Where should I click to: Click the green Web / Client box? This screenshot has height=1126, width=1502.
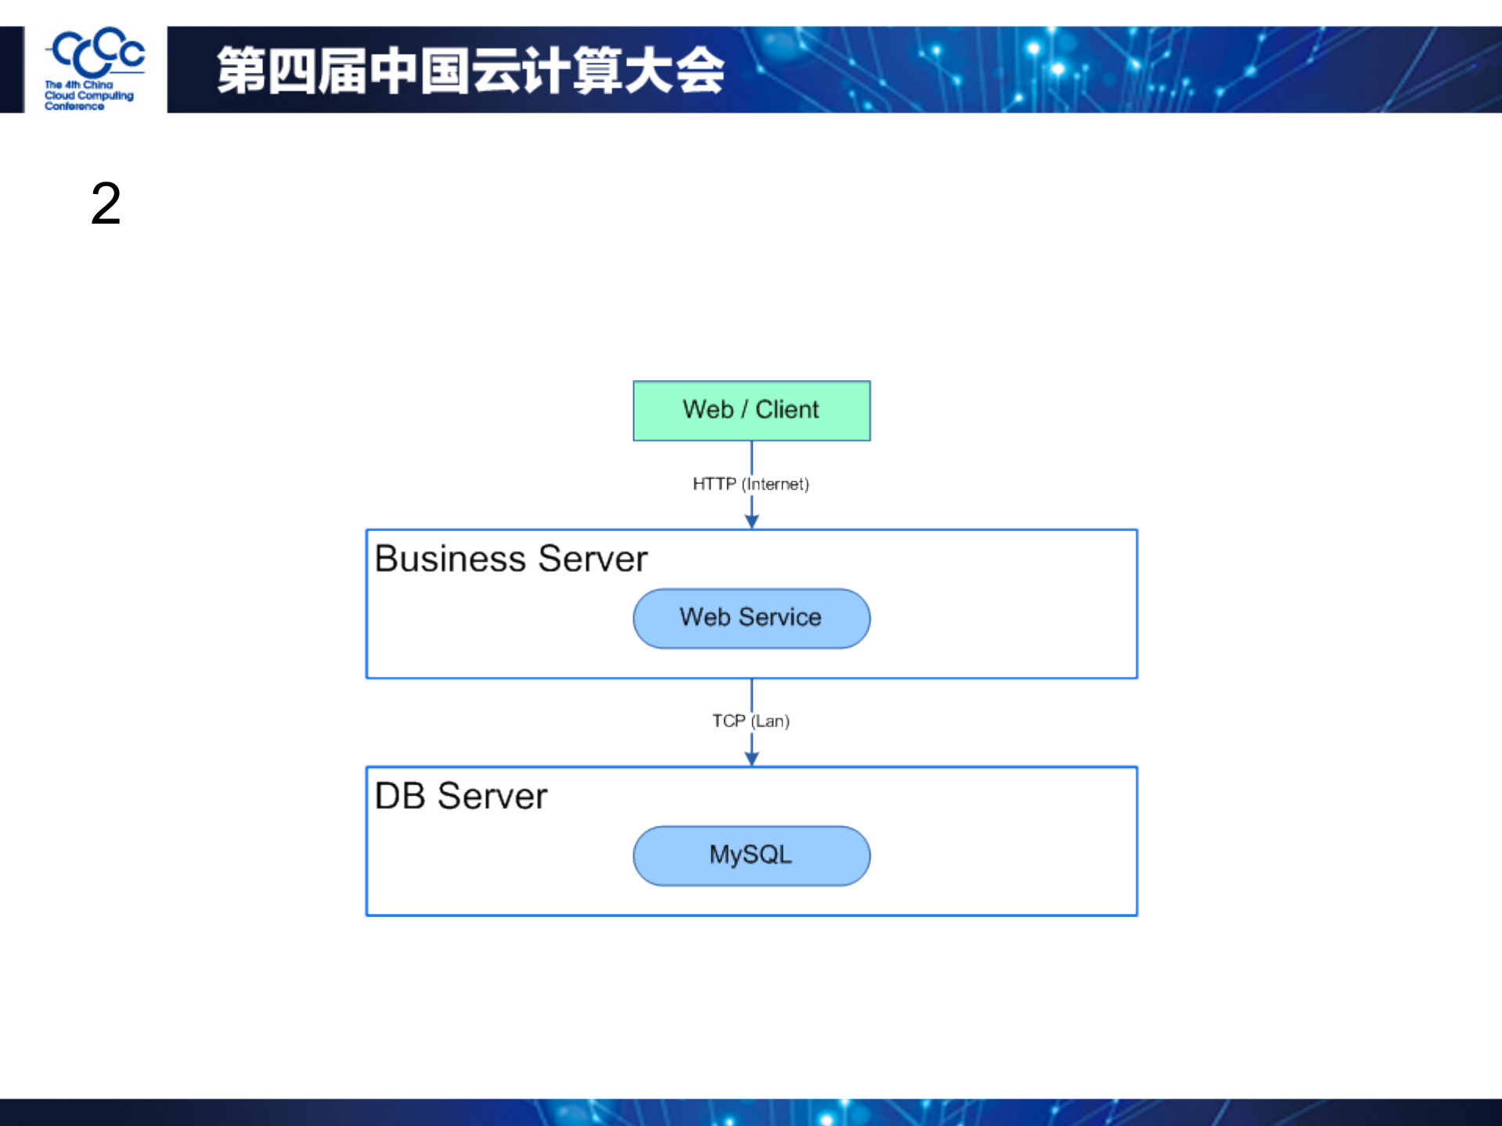click(x=751, y=410)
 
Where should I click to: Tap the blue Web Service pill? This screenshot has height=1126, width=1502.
click(x=751, y=618)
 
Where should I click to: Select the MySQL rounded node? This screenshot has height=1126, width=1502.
click(x=751, y=854)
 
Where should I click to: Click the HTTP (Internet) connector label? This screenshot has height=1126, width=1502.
click(x=750, y=484)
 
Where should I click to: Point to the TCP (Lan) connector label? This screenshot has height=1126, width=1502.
click(x=750, y=721)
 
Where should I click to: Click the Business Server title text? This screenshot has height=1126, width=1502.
click(x=510, y=559)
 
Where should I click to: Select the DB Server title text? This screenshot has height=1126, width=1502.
click(x=460, y=796)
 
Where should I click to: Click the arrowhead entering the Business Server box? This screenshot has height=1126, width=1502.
click(x=751, y=521)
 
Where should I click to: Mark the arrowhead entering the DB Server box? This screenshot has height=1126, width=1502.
click(x=751, y=757)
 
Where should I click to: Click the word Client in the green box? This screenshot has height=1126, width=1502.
click(x=787, y=409)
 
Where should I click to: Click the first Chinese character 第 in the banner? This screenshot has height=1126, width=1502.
click(x=240, y=70)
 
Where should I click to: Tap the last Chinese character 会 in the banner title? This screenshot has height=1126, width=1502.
click(x=700, y=70)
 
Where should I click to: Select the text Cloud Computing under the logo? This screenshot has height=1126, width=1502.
click(x=88, y=95)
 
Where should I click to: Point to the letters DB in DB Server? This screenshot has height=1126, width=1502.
click(x=400, y=796)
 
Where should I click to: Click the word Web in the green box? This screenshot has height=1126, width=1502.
click(x=708, y=409)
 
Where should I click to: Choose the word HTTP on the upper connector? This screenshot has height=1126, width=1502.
click(x=714, y=484)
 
